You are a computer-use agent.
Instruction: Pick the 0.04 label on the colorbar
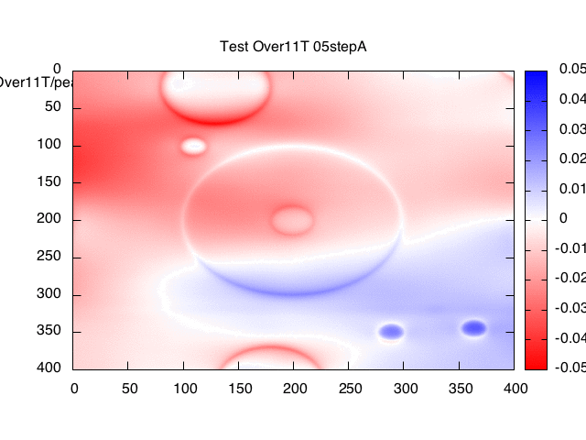pyautogui.click(x=572, y=99)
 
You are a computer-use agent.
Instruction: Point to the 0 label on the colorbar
pyautogui.click(x=563, y=218)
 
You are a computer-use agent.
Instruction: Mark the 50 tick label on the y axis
pyautogui.click(x=52, y=106)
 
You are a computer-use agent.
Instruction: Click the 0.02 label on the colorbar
pyautogui.click(x=572, y=159)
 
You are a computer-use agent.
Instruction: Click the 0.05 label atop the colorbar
pyautogui.click(x=572, y=70)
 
